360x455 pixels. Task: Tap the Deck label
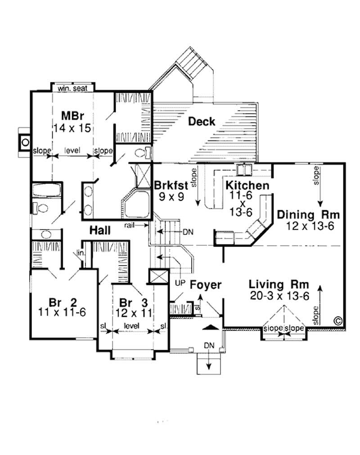tap(201, 121)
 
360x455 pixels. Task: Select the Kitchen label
tap(247, 185)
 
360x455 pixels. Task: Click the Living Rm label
tap(279, 284)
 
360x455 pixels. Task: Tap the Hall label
tap(100, 230)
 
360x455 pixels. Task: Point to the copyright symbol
tap(338, 320)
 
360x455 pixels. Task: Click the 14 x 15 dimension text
tap(72, 128)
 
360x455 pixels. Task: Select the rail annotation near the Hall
tap(131, 224)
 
